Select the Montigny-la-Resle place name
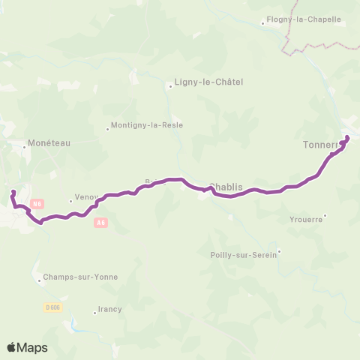[x=147, y=125]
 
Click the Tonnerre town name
[x=322, y=145]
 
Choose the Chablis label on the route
[x=228, y=187]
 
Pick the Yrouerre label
[x=305, y=219]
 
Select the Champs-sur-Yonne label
[x=79, y=277]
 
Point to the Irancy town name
[x=109, y=309]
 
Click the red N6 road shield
[x=38, y=204]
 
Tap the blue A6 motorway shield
[x=101, y=223]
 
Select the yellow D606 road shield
[x=52, y=307]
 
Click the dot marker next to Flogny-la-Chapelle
[x=262, y=23]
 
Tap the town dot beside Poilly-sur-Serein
[x=280, y=251]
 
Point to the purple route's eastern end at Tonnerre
[x=347, y=136]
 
